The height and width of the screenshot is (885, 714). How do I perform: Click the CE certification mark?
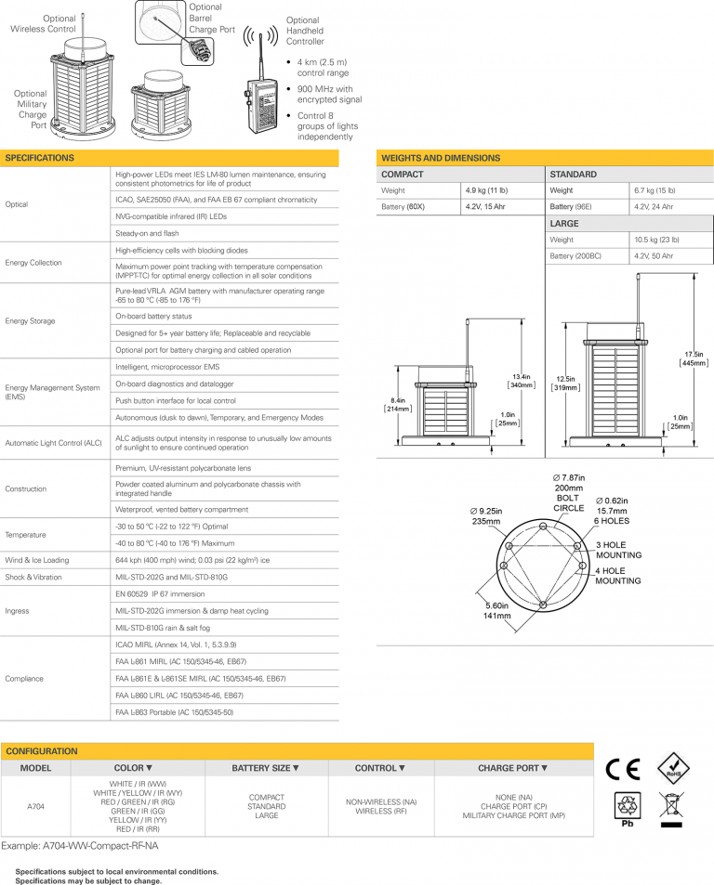pyautogui.click(x=623, y=769)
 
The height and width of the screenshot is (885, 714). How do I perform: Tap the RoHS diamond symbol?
pyautogui.click(x=672, y=769)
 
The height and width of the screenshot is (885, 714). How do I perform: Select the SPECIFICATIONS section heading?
pyautogui.click(x=40, y=158)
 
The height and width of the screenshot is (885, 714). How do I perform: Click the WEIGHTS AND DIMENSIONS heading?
pyautogui.click(x=441, y=158)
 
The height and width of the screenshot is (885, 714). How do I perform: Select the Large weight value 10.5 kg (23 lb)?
pyautogui.click(x=655, y=240)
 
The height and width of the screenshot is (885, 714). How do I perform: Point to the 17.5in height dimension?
pyautogui.click(x=693, y=359)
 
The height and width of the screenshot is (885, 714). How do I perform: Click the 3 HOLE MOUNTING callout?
pyautogui.click(x=617, y=550)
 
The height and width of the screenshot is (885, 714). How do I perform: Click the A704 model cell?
pyautogui.click(x=35, y=807)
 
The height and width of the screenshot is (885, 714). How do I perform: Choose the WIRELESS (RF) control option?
pyautogui.click(x=381, y=811)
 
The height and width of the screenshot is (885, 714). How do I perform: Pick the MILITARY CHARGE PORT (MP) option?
pyautogui.click(x=512, y=815)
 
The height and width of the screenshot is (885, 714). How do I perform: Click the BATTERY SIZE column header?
pyautogui.click(x=265, y=768)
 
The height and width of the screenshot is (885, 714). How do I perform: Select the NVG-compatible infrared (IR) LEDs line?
pyautogui.click(x=171, y=216)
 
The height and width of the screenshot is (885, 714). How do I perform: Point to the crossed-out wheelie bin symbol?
pyautogui.click(x=671, y=807)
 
